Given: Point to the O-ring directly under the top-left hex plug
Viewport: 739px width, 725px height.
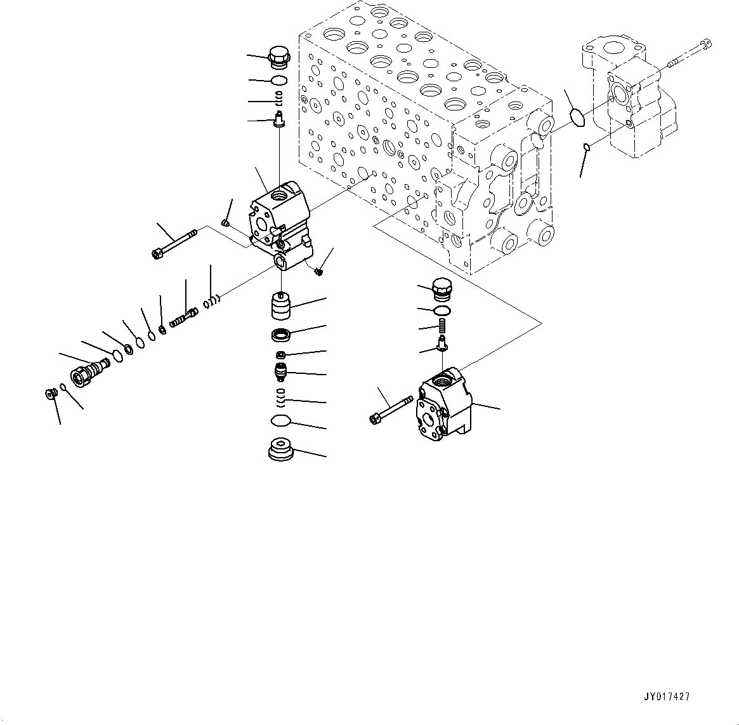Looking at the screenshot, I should pyautogui.click(x=278, y=80).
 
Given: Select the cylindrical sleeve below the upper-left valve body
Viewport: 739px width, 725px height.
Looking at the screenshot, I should pyautogui.click(x=280, y=305).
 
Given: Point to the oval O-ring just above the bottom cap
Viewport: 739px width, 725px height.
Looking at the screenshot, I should pyautogui.click(x=280, y=421).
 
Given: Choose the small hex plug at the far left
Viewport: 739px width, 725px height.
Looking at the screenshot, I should pyautogui.click(x=49, y=394).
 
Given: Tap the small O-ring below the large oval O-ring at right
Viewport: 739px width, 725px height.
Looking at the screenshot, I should pyautogui.click(x=587, y=148).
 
